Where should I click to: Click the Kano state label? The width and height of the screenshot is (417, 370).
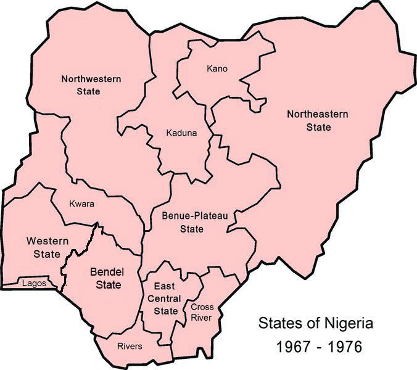tap(217, 68)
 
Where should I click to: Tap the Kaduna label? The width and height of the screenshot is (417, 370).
tap(181, 132)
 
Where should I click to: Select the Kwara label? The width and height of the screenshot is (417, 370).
tap(81, 204)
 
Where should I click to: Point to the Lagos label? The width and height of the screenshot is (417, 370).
tap(33, 284)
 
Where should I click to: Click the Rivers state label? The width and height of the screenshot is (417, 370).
tap(130, 346)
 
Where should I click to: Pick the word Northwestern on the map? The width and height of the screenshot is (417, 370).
tap(90, 79)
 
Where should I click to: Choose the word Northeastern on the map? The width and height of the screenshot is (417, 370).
tap(318, 114)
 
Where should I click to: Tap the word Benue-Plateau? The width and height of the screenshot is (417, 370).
tap(191, 216)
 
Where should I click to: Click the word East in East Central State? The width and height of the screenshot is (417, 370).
tap(165, 287)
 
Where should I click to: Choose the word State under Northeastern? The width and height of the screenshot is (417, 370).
tap(318, 127)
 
